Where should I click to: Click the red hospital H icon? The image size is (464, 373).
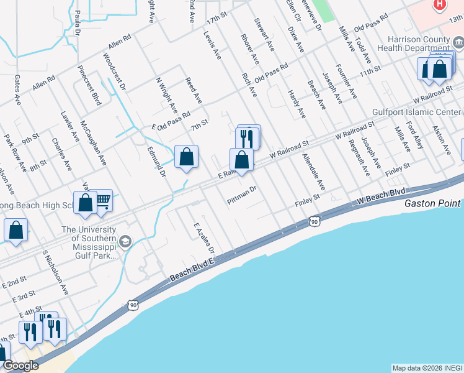point(440,4)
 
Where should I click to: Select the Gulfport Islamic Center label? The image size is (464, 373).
point(417,113)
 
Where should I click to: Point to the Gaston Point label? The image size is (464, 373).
point(432,203)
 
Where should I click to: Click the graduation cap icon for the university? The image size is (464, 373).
point(125,241)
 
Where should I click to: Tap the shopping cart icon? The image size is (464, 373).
point(102,200)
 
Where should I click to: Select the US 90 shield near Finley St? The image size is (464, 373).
point(315,221)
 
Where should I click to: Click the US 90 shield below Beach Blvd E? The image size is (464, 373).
point(133,304)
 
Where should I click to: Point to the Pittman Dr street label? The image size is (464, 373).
point(241,198)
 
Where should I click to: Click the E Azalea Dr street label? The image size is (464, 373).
point(203,238)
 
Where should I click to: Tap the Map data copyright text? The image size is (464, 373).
point(427,368)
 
